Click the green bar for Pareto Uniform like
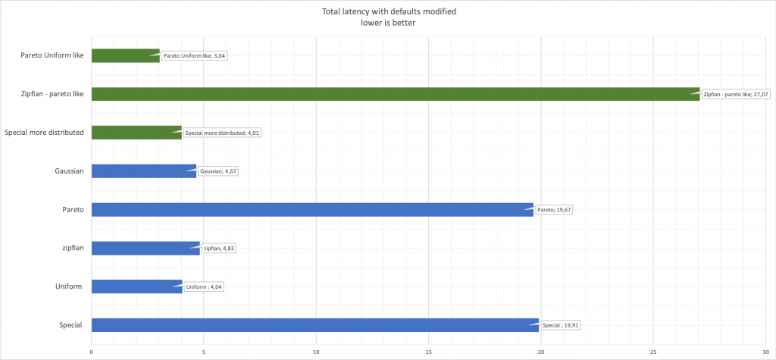click(x=125, y=55)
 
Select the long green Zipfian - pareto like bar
click(x=394, y=94)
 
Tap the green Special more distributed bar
click(x=136, y=133)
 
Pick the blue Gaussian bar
click(x=143, y=171)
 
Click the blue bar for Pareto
click(x=311, y=210)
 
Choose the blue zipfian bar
click(x=145, y=248)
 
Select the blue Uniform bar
click(x=136, y=286)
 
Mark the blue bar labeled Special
click(x=314, y=325)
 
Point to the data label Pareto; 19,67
click(x=555, y=209)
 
